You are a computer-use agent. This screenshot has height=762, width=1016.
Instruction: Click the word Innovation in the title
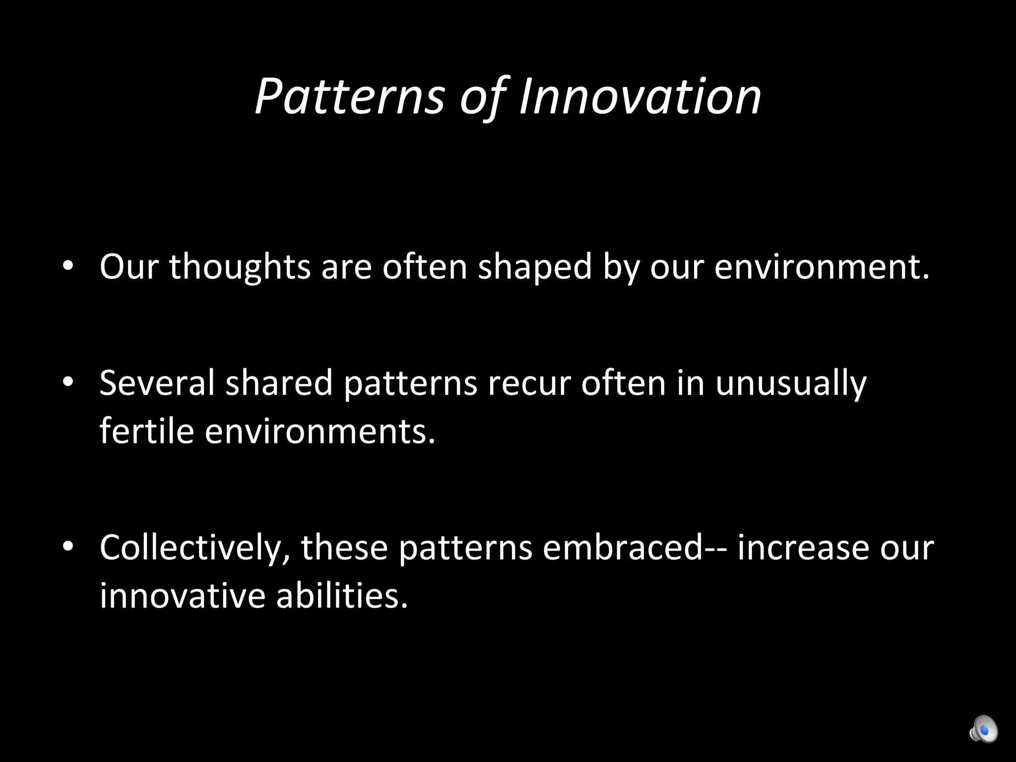640,97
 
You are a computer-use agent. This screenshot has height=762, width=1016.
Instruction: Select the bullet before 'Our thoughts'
68,267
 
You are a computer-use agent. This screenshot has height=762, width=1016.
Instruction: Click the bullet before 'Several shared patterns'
68,382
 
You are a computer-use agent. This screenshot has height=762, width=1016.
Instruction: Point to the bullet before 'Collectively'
68,547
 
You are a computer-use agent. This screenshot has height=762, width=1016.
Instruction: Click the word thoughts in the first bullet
240,267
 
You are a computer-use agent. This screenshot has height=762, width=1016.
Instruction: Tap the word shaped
535,267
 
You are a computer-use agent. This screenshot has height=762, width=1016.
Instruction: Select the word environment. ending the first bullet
822,267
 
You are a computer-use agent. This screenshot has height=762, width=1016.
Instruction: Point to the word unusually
791,382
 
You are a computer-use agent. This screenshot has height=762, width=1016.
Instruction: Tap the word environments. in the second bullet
320,430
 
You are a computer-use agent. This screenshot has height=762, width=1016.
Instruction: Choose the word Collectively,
194,547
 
